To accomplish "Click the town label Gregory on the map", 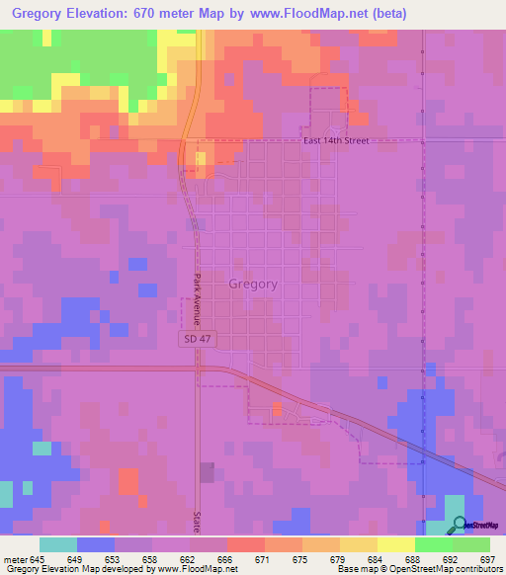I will (x=253, y=284).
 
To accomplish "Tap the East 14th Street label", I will (x=336, y=141).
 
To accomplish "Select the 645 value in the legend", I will (x=39, y=560).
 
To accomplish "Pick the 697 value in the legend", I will (x=487, y=560).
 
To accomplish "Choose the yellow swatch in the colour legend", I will (x=394, y=544).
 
